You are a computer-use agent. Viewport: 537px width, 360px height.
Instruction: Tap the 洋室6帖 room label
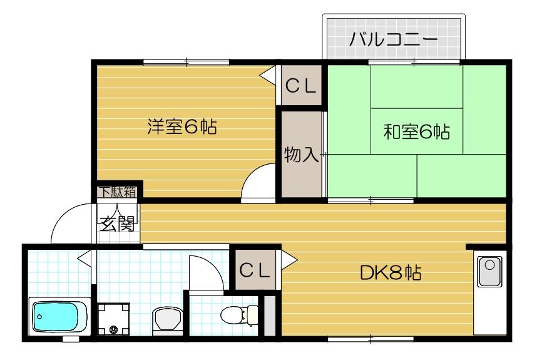(182, 127)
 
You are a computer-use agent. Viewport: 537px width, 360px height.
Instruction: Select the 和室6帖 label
(417, 132)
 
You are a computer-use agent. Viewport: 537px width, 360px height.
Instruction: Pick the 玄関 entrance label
(117, 222)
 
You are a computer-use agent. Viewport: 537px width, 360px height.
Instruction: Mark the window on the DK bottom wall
(370, 339)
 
